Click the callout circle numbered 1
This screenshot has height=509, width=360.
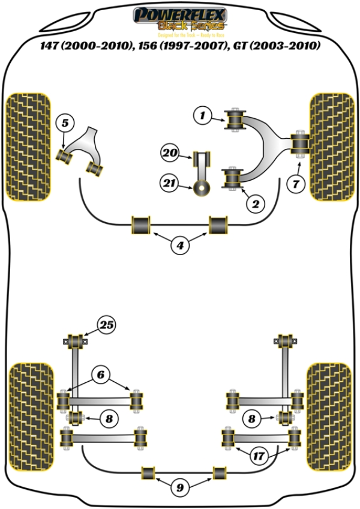click(203, 114)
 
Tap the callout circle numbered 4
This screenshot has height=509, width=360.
click(179, 245)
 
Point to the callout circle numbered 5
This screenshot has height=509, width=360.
click(65, 124)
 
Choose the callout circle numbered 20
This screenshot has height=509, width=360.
click(170, 154)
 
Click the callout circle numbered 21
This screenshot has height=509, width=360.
click(170, 182)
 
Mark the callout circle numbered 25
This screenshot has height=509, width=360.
click(107, 326)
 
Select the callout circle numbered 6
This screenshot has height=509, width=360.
click(100, 375)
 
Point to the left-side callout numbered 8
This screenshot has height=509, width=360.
click(109, 418)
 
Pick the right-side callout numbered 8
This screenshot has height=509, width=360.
click(252, 418)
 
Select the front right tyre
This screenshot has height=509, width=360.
click(332, 148)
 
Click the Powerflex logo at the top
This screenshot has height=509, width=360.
click(179, 19)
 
